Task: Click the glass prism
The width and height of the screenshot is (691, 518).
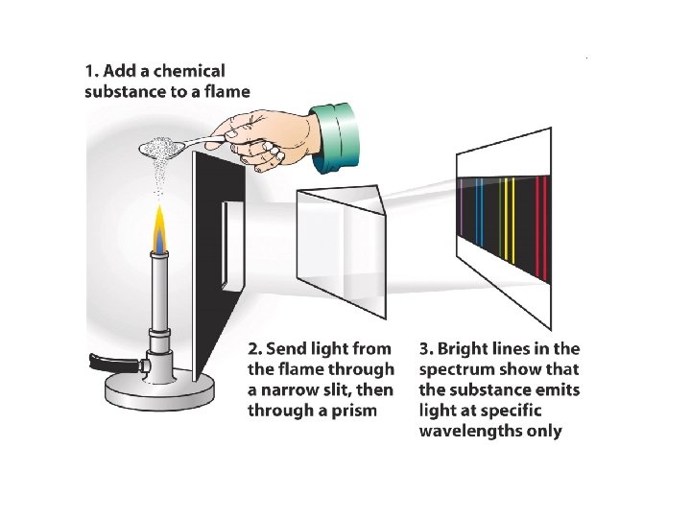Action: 342,249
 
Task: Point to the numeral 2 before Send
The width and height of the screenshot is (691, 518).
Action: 253,348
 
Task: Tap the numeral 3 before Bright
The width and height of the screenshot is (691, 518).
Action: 424,348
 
